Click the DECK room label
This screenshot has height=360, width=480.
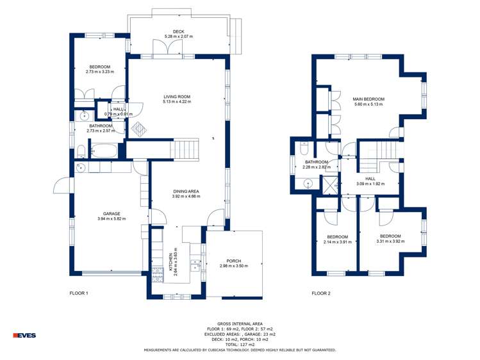point(178,31)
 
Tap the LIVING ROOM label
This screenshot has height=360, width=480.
point(177,97)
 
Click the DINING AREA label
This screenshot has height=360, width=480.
point(186,192)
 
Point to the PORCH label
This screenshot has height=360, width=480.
point(233,261)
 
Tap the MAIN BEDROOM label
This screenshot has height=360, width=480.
point(367,99)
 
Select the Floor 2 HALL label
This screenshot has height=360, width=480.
point(370,179)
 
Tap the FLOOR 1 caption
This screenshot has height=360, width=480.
point(79,293)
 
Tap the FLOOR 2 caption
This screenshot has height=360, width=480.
point(321,293)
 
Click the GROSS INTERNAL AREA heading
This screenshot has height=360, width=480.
point(240,324)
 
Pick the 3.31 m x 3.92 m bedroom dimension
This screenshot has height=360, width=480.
point(390,241)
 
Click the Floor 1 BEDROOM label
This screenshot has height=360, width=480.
point(99,67)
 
